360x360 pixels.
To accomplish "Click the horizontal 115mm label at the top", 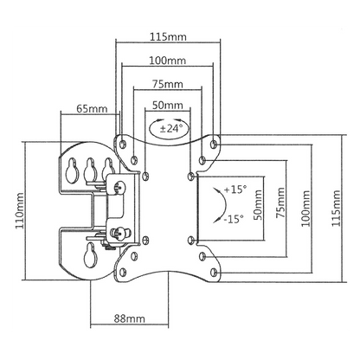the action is [x=168, y=37].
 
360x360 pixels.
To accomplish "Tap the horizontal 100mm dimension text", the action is [x=167, y=61].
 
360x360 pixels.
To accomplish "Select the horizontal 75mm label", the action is [x=168, y=84].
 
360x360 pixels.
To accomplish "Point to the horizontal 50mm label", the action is [x=168, y=105].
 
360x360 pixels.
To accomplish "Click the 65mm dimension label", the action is [x=92, y=109].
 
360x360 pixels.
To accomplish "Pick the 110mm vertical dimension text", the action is [x=20, y=211].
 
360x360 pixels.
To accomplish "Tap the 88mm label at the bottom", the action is [x=129, y=318].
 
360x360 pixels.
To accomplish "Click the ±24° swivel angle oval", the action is [x=170, y=127].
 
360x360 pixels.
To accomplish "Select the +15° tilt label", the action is [x=235, y=190].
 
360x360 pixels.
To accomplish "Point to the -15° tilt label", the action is [x=234, y=219].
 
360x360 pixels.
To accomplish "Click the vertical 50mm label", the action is [x=258, y=205].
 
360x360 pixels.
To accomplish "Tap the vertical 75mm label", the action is [x=280, y=202].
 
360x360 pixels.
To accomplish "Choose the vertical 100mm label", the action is [x=305, y=209].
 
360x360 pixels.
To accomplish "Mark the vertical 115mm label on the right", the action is [x=336, y=209].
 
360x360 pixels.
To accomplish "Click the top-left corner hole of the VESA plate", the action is [x=123, y=144].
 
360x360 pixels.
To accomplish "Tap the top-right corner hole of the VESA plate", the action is [x=214, y=144].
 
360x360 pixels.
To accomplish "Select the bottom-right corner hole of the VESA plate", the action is [x=214, y=272].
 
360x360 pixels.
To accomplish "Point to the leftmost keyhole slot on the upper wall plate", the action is [x=72, y=171].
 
